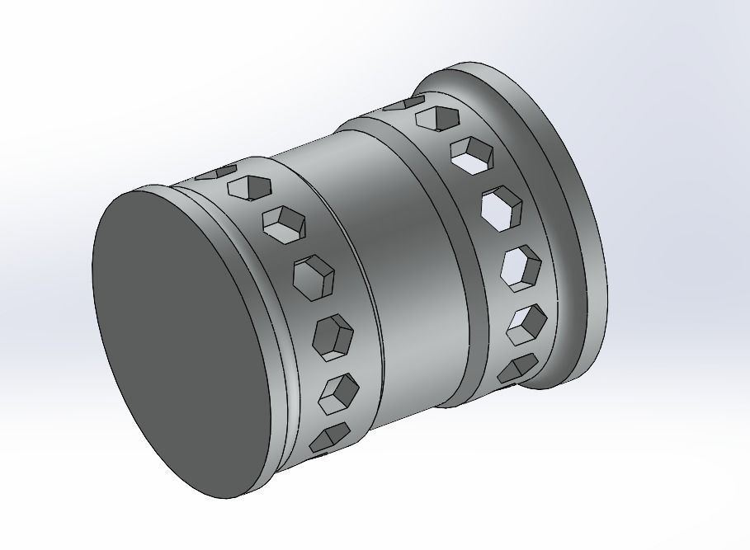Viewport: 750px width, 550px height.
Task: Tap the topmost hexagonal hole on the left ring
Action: click(x=219, y=173)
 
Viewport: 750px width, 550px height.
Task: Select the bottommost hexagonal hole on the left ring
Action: click(x=329, y=437)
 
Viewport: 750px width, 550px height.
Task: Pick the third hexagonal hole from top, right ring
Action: click(x=471, y=155)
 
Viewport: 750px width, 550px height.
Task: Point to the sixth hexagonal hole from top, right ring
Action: click(x=526, y=323)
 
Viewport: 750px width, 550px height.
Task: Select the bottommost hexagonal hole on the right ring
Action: click(x=518, y=369)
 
